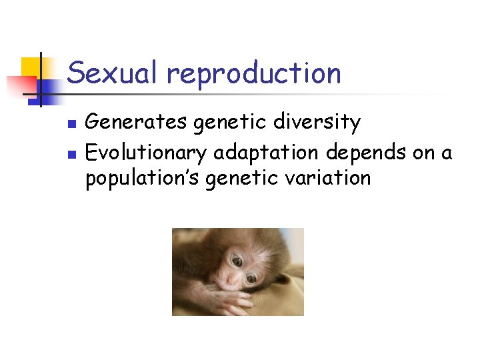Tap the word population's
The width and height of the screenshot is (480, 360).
click(x=143, y=179)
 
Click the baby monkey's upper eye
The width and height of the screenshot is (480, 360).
click(x=235, y=262)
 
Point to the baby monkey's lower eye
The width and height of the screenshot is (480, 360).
click(x=250, y=280)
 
